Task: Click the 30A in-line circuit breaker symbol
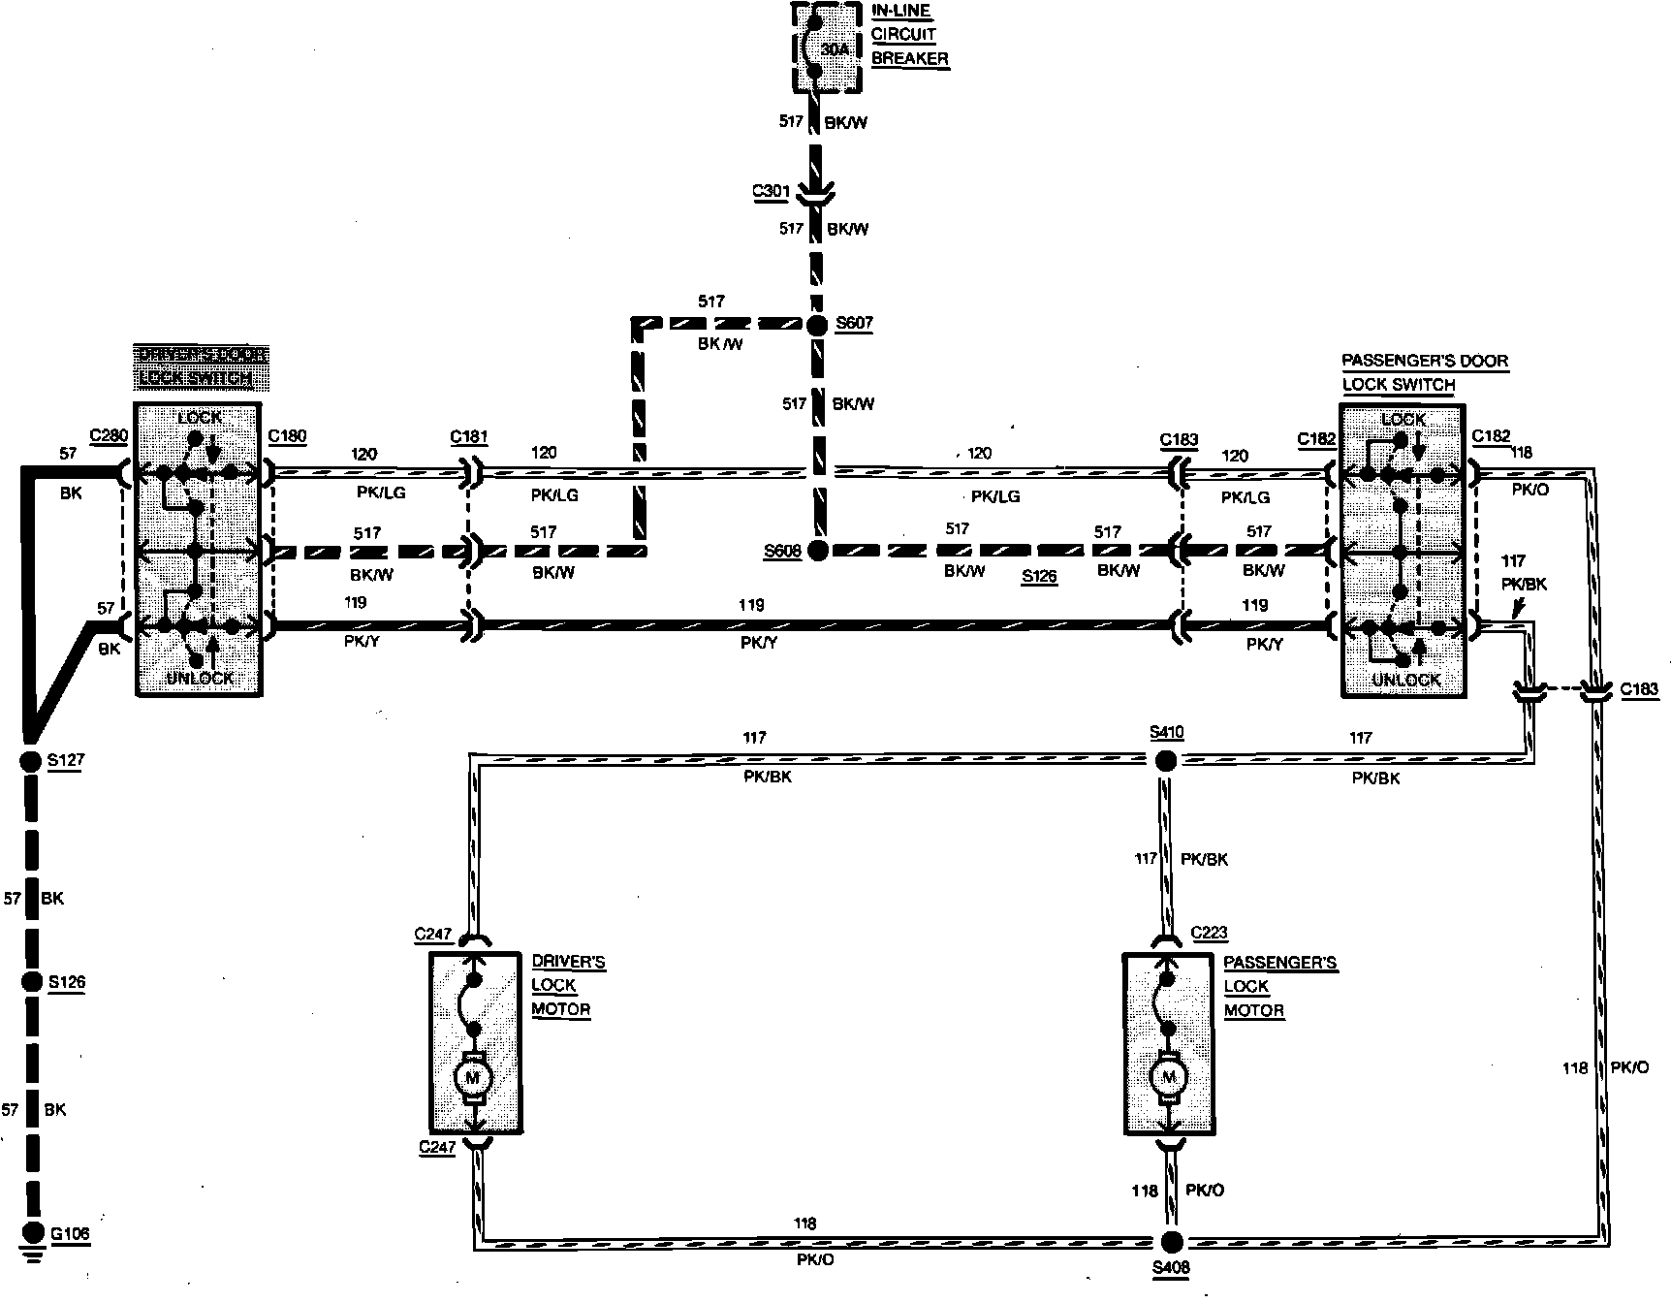pos(826,47)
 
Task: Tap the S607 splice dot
pos(817,324)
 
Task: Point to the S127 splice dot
pos(31,761)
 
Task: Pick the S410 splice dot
pos(1166,761)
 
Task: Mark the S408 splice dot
pos(1172,1242)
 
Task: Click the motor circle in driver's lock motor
pos(474,1077)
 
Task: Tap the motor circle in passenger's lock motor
pos(1168,1077)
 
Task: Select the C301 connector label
pos(772,191)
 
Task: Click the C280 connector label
pos(109,435)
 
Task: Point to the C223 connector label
pos(1209,933)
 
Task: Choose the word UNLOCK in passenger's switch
pos(1405,681)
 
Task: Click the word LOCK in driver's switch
pos(200,418)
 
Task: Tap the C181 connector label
pos(469,436)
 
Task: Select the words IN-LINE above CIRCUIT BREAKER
pos(901,12)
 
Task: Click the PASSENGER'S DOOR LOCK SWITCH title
pos(1424,372)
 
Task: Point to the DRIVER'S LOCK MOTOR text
pos(568,985)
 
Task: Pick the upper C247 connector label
pos(433,935)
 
